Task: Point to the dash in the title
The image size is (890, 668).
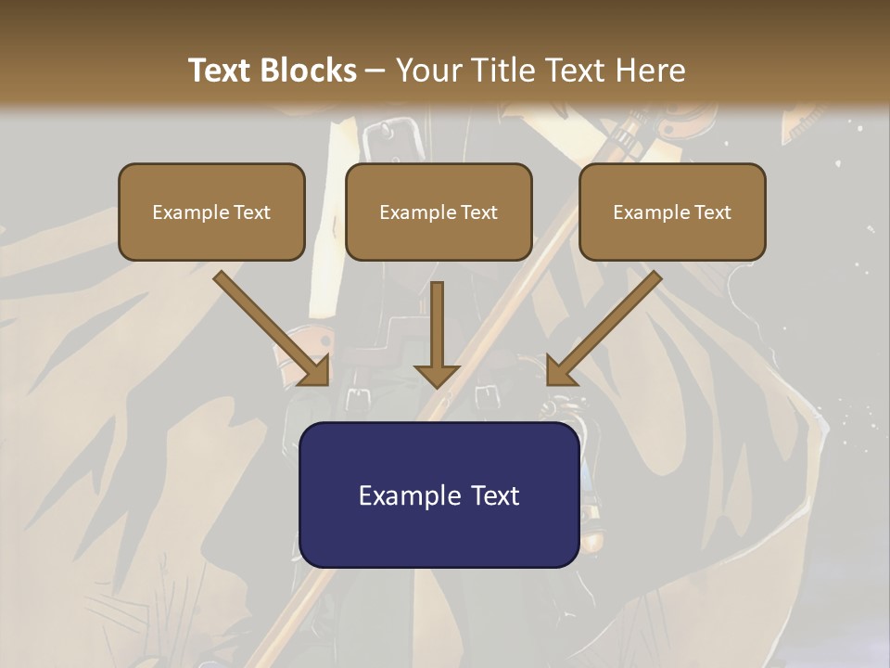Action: [x=375, y=71]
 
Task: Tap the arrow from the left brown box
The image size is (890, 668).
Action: [x=269, y=325]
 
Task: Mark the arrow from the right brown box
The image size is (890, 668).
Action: [x=607, y=325]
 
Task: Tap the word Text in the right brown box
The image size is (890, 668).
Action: [x=712, y=212]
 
